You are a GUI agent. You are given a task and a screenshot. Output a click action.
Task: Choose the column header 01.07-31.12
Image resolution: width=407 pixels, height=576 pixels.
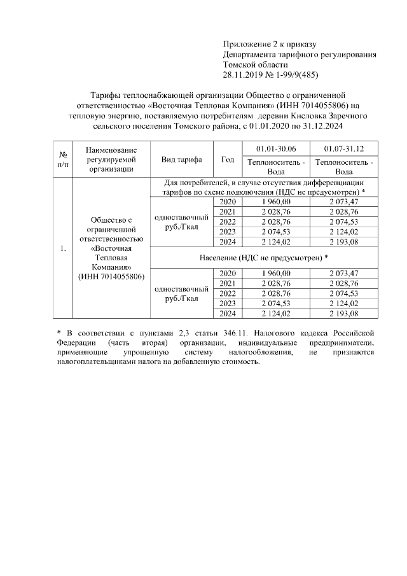coord(344,148)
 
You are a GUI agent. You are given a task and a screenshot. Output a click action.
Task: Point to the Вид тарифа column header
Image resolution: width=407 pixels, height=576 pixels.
coord(182,160)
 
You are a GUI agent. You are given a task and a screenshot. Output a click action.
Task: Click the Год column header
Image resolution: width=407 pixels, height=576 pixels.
coord(227,160)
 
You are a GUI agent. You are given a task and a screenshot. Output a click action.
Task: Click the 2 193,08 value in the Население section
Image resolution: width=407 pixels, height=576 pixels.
coord(344,313)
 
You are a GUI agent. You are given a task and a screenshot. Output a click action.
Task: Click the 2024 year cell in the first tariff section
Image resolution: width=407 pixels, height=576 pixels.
coord(227,242)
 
